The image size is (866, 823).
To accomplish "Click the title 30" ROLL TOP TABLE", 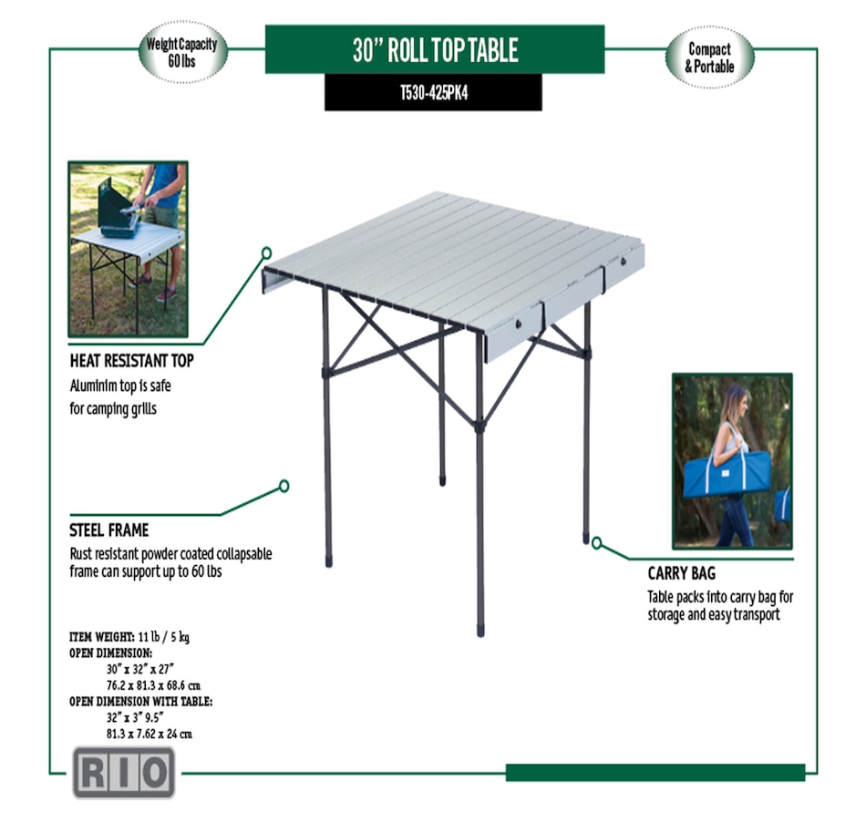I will (x=435, y=49).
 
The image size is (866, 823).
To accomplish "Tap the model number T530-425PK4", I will (x=433, y=93).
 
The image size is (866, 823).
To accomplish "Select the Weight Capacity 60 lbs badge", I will (x=182, y=52).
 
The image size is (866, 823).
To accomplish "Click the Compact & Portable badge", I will (x=709, y=57).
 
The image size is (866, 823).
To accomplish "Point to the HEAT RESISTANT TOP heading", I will (x=131, y=361).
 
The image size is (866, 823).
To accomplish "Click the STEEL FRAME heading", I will (x=108, y=530).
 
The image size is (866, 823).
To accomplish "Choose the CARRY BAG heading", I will (x=681, y=574).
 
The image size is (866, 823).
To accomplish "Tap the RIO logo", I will (x=123, y=773).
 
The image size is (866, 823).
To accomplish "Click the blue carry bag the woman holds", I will (x=727, y=475).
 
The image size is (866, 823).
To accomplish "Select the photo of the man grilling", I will (x=128, y=249).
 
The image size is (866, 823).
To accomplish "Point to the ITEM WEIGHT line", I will (x=129, y=637).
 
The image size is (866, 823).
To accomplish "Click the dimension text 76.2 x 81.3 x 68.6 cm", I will (x=153, y=685).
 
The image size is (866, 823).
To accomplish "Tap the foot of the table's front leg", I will (x=480, y=629).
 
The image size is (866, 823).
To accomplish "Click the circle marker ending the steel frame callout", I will (x=284, y=486).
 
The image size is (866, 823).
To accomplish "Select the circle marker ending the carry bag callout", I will (x=596, y=543).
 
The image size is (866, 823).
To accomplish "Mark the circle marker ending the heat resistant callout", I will (x=266, y=252).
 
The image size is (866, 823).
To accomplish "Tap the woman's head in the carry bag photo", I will (x=737, y=399).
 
